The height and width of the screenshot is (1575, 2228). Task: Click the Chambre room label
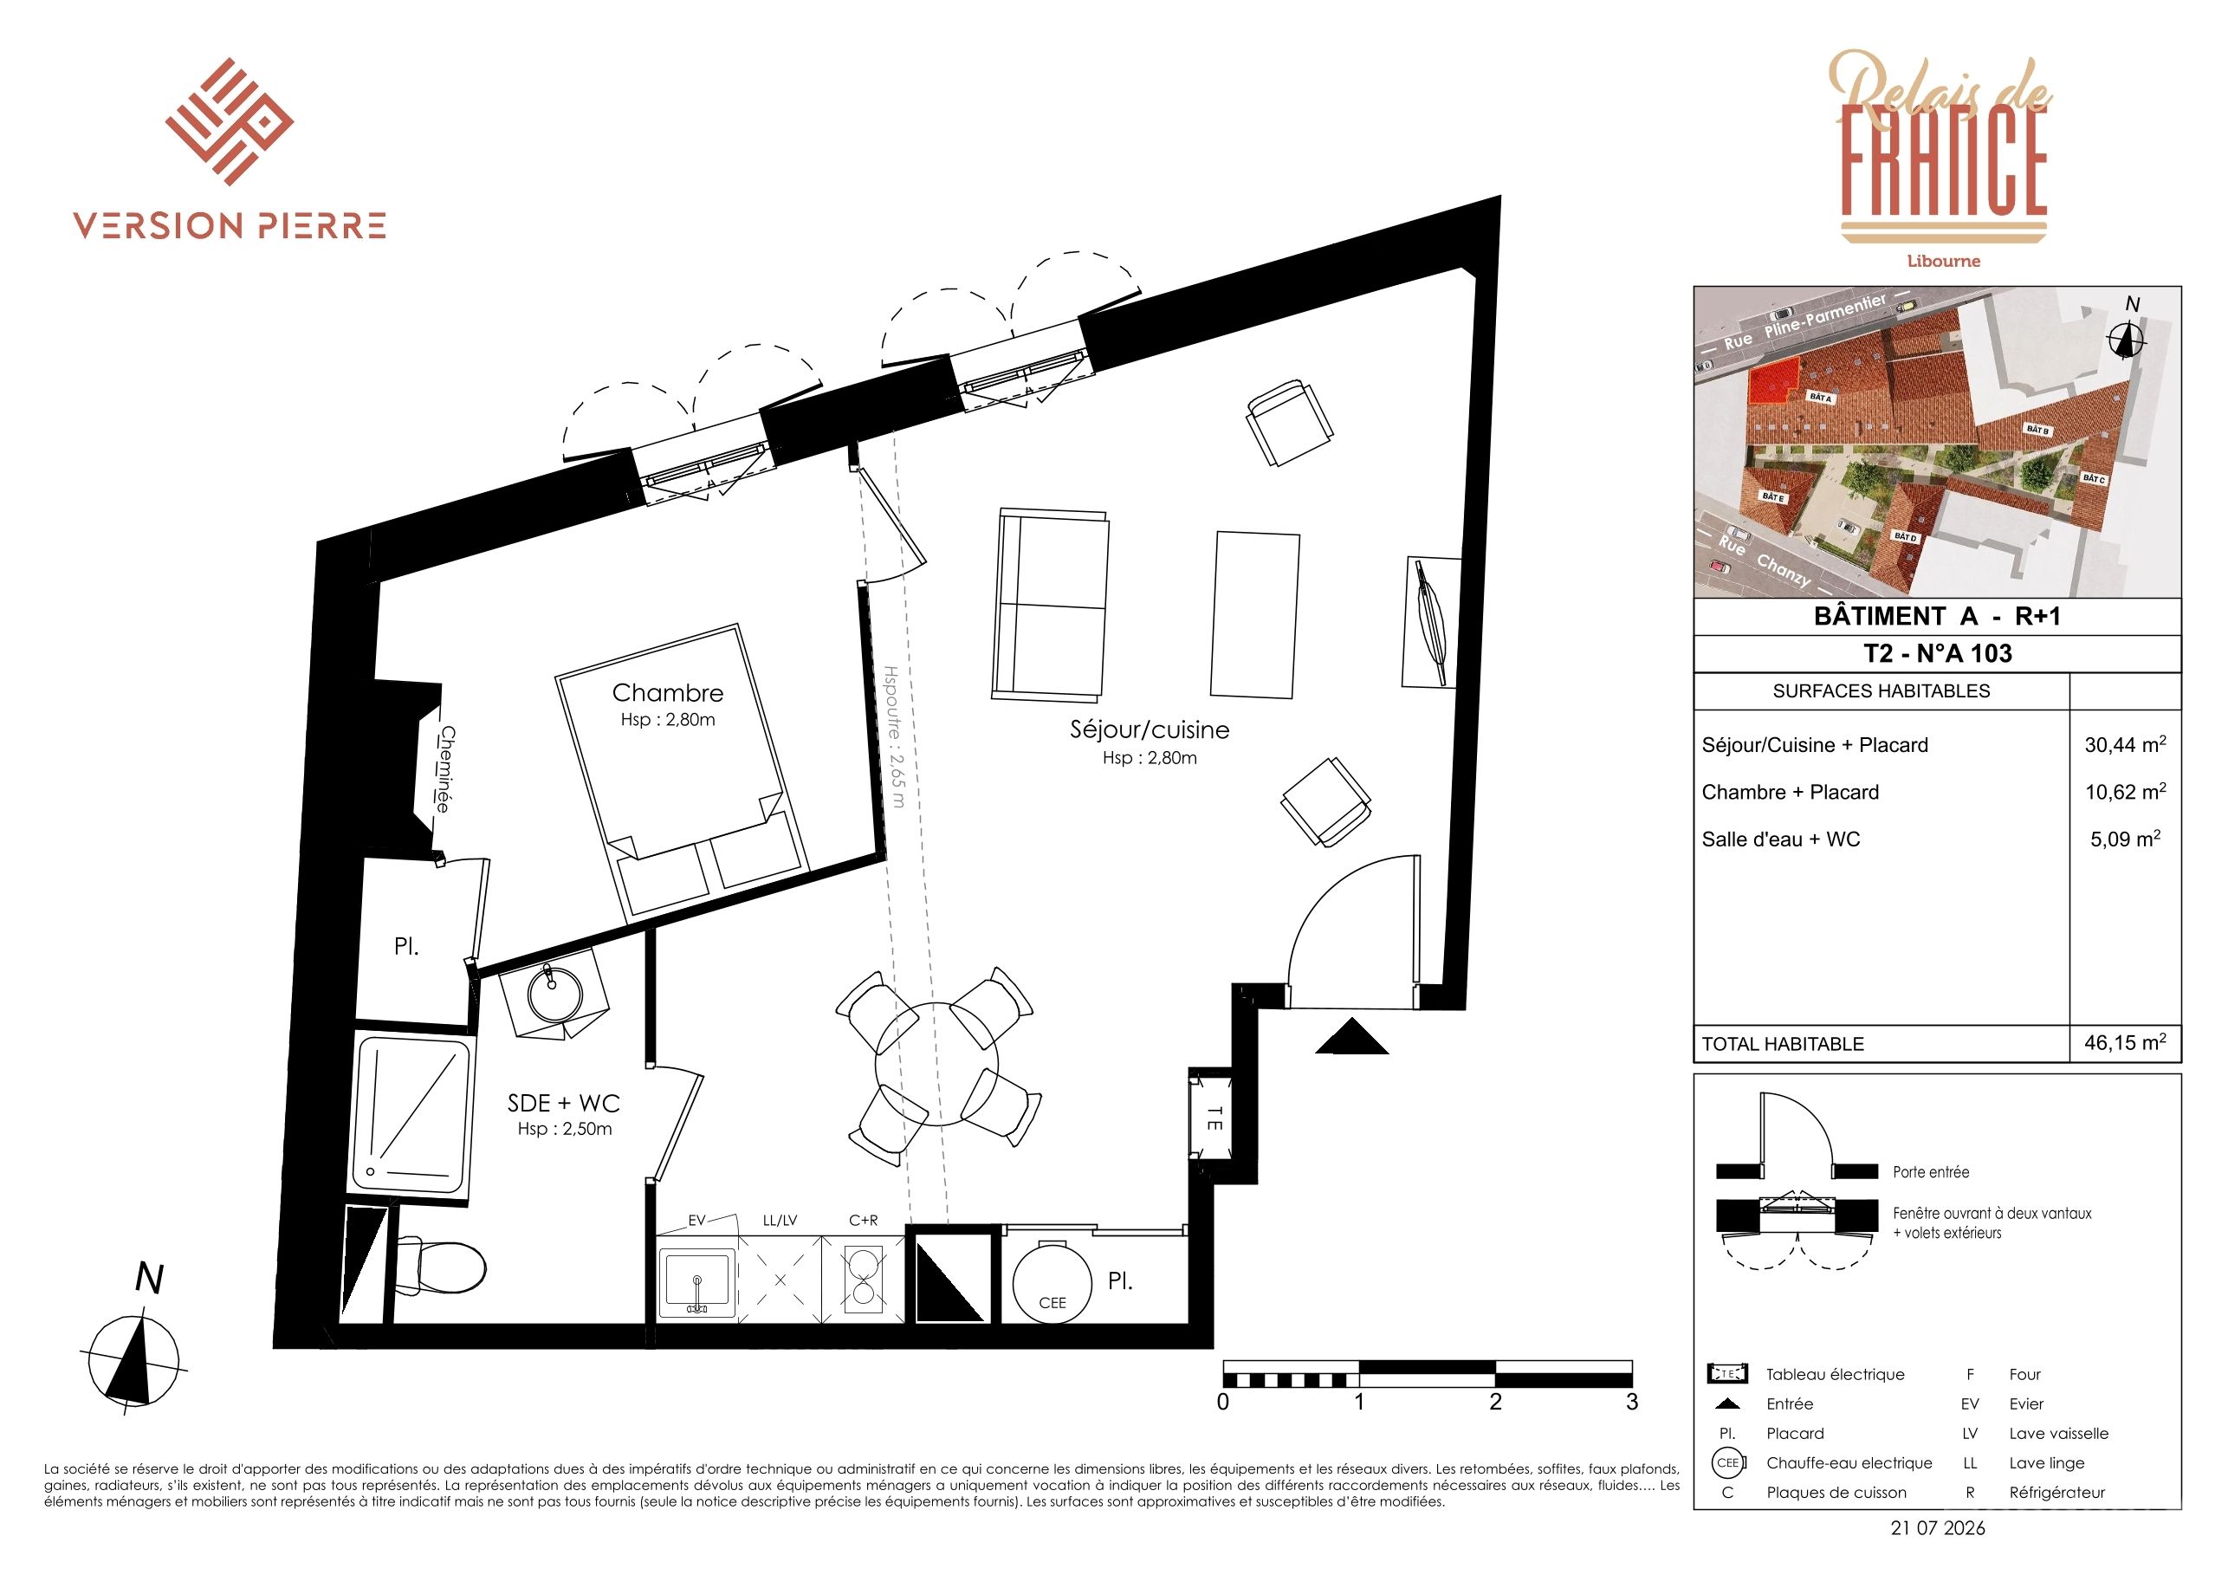[668, 693]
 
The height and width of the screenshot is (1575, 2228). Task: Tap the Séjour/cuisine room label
[1149, 729]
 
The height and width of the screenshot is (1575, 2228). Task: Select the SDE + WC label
[564, 1104]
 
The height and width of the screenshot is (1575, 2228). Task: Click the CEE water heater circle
[1052, 1283]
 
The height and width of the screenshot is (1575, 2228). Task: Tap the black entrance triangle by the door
[1351, 1036]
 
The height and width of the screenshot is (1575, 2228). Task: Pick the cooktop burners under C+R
[862, 1279]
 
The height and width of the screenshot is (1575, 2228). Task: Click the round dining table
[936, 1066]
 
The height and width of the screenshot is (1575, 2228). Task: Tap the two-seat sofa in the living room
[1050, 605]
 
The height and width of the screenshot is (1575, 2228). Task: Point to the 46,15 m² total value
[2125, 1042]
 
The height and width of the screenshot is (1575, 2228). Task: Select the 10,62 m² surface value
[2125, 791]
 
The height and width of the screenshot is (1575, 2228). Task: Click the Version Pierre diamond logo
[229, 121]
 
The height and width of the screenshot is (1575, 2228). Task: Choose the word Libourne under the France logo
[1944, 261]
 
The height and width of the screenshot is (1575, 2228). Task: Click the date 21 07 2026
[1938, 1528]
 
